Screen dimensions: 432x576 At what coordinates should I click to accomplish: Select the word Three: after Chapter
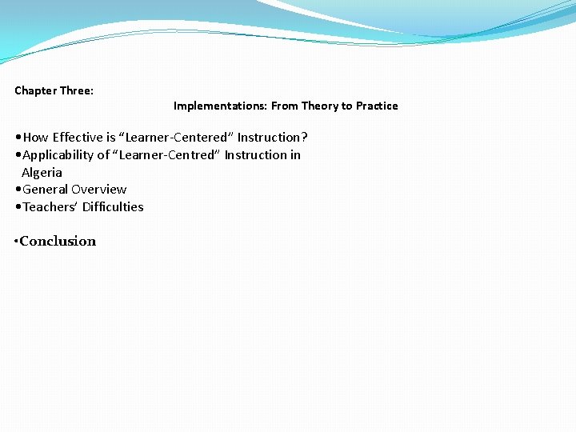[x=78, y=90]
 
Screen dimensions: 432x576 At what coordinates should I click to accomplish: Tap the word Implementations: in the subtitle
[x=220, y=106]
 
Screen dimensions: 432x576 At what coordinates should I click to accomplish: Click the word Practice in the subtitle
[x=377, y=106]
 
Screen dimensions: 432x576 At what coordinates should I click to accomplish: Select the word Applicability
[x=58, y=154]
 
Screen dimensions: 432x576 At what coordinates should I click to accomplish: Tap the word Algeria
[x=42, y=172]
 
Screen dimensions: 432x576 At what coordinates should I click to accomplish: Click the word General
[x=46, y=190]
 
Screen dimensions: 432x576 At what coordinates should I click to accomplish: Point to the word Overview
[x=99, y=190]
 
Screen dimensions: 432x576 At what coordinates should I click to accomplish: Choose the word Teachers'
[x=50, y=207]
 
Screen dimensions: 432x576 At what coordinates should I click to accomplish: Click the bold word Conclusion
[x=58, y=242]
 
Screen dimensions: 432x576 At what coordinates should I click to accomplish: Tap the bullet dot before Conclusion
[x=16, y=242]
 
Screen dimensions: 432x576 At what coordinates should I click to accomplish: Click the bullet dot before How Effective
[x=18, y=138]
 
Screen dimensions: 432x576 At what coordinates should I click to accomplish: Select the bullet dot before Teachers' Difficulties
[x=18, y=208]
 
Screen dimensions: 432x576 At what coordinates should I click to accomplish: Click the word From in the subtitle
[x=285, y=106]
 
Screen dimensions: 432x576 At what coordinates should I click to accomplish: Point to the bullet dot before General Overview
[x=18, y=190]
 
